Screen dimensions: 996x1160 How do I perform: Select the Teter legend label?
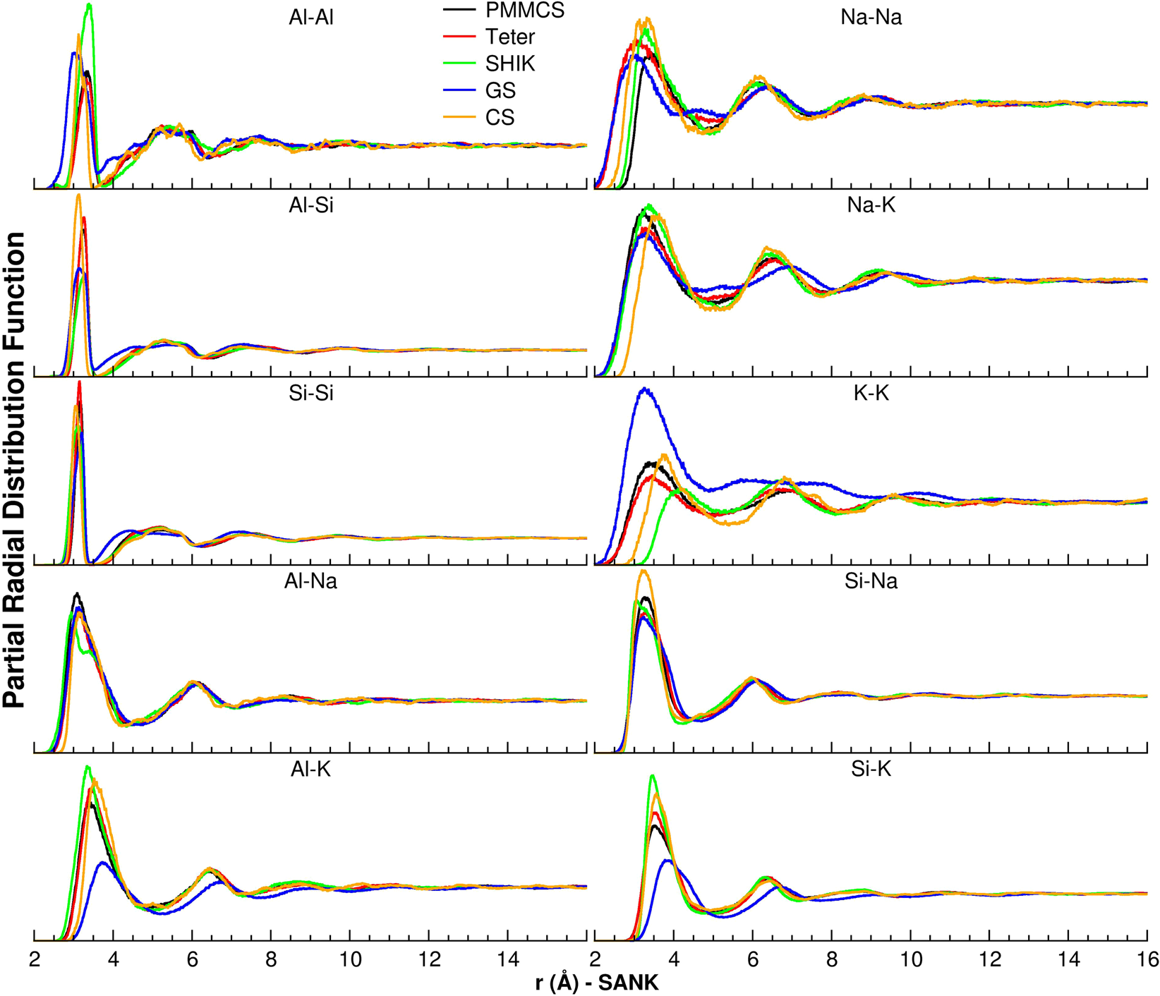click(510, 37)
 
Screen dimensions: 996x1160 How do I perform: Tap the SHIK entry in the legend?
click(510, 63)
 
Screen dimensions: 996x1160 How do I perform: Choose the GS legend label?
click(500, 90)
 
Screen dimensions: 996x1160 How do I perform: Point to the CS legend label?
click(500, 117)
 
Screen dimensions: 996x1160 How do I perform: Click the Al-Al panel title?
click(311, 18)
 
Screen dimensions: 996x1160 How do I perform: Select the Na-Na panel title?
click(871, 18)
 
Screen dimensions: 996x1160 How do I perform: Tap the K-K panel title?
click(871, 394)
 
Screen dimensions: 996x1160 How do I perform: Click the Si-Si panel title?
click(311, 394)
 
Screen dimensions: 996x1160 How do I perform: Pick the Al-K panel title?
click(311, 770)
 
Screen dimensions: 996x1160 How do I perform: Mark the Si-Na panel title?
click(871, 581)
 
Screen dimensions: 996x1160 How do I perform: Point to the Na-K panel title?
click(871, 205)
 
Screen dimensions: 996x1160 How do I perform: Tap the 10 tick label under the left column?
click(351, 959)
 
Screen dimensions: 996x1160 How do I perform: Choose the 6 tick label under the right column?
click(753, 959)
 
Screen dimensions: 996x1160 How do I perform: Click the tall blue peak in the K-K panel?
click(644, 390)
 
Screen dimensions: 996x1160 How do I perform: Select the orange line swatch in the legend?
click(459, 117)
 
